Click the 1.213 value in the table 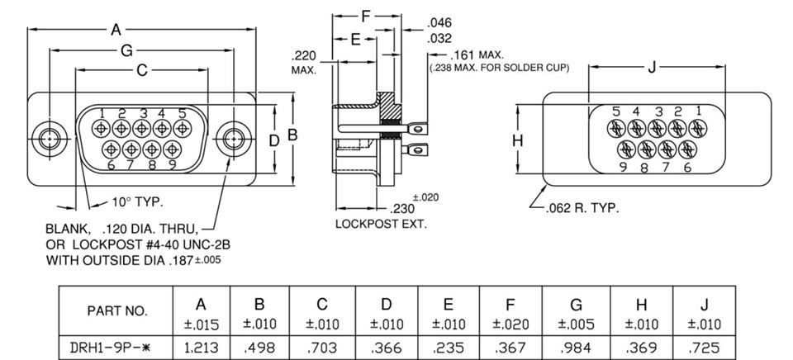click(x=202, y=348)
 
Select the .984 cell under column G click(x=576, y=348)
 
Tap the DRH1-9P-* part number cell click(x=116, y=348)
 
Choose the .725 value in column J click(x=704, y=348)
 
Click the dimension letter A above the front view click(x=116, y=30)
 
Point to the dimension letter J click(x=652, y=67)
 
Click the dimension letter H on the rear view click(x=517, y=140)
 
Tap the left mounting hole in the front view click(x=49, y=138)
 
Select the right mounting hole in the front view click(x=233, y=138)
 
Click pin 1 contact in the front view click(x=101, y=129)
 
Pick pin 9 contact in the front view click(x=173, y=149)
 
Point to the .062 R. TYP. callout click(x=582, y=208)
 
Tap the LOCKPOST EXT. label click(x=382, y=224)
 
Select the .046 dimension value click(x=439, y=22)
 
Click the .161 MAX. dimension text click(x=477, y=54)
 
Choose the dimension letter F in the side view click(x=366, y=17)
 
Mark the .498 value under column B click(x=259, y=348)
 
